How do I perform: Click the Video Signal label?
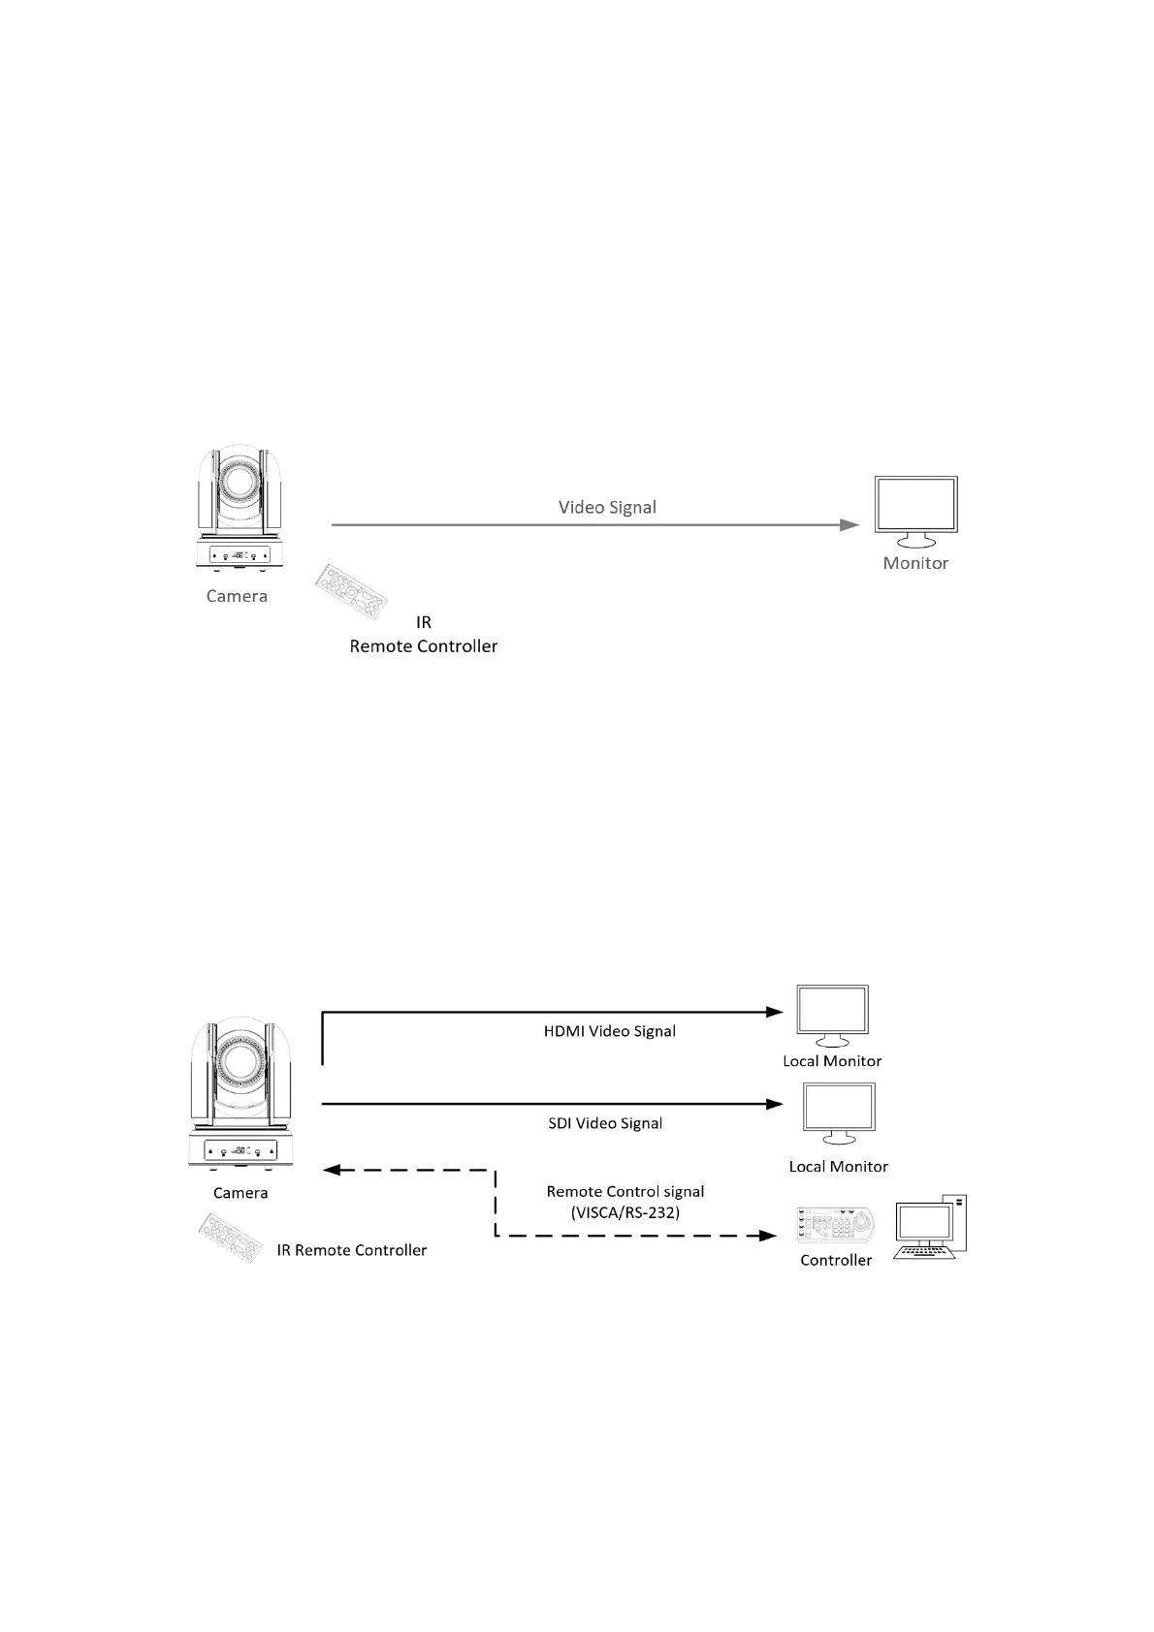click(x=607, y=507)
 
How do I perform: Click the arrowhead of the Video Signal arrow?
click(x=849, y=525)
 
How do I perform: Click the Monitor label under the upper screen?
click(x=915, y=563)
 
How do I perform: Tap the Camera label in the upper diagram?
click(x=237, y=596)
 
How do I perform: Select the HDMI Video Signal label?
click(x=610, y=1031)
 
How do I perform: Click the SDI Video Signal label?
click(x=605, y=1123)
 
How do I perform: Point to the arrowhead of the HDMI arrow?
click(x=775, y=1012)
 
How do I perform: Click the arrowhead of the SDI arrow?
click(x=775, y=1104)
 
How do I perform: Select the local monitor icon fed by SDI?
click(x=839, y=1114)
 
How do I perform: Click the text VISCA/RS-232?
click(x=625, y=1211)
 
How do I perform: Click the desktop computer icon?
click(x=931, y=1227)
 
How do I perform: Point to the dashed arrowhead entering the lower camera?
click(x=331, y=1170)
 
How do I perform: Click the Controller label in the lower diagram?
click(x=836, y=1260)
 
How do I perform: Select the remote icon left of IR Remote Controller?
click(x=231, y=1238)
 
